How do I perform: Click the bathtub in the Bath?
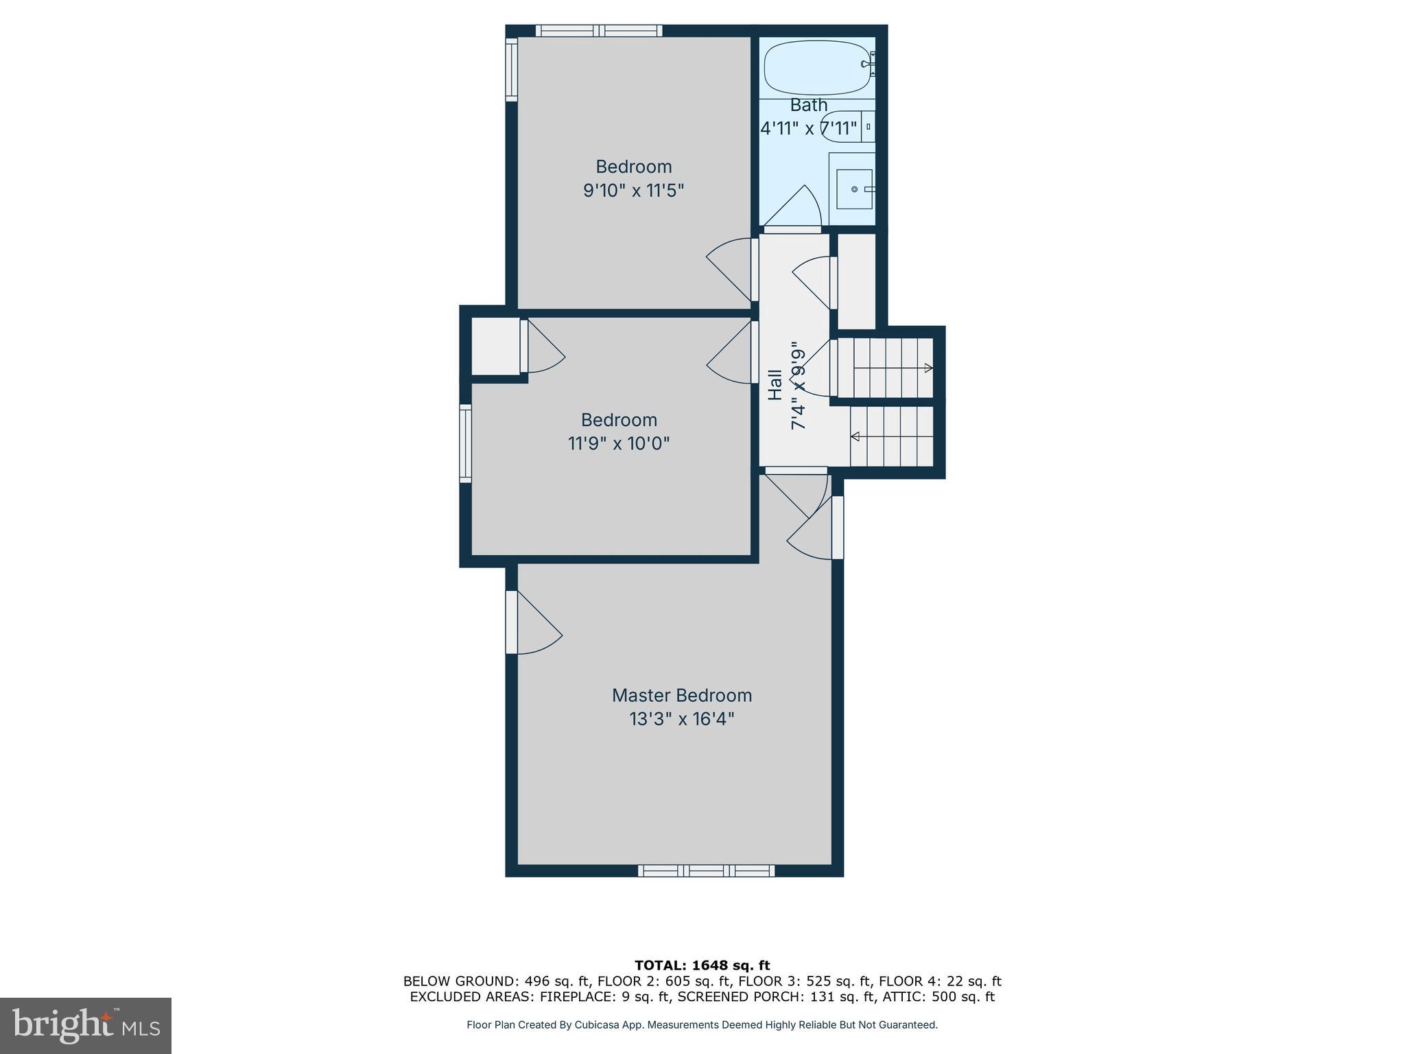pos(816,68)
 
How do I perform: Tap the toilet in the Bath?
pos(847,127)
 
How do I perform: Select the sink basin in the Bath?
pos(854,189)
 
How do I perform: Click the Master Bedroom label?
pos(681,695)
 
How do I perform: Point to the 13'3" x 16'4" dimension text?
pos(681,719)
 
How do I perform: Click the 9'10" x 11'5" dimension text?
pos(633,190)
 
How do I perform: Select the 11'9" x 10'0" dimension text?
pos(618,443)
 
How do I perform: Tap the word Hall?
pos(775,385)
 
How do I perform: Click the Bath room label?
pos(809,105)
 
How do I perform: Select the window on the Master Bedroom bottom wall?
pos(706,871)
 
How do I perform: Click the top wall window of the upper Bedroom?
pos(598,30)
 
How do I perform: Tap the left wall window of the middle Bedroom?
pos(465,443)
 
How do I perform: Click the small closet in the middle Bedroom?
pos(495,346)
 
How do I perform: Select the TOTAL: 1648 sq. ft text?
pos(702,965)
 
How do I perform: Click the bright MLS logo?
pos(86,1025)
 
